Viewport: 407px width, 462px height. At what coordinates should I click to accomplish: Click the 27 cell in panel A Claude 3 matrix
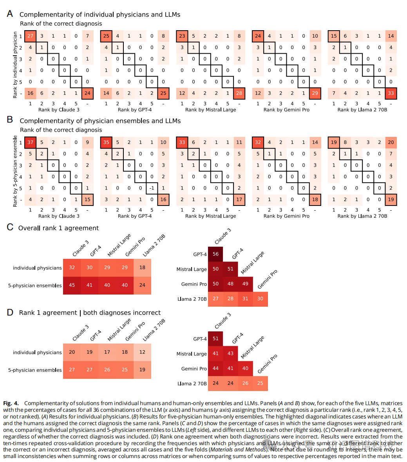coord(30,36)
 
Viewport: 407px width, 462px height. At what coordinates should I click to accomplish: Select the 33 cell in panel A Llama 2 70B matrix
coord(391,93)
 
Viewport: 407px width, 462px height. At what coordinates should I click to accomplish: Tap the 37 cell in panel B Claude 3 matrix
coord(30,142)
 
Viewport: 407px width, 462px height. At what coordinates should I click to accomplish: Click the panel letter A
coord(10,14)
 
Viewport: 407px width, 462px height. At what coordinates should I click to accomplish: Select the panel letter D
coord(10,313)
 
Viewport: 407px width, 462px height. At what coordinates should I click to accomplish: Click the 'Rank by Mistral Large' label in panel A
coord(210,110)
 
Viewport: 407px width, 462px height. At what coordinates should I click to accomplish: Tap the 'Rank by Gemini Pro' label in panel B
coord(286,216)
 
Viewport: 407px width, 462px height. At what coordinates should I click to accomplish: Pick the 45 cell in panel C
coord(72,285)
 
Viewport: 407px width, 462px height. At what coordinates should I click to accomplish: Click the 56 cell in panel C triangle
coord(215,254)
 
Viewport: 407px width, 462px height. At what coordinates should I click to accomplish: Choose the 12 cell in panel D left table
coord(142,352)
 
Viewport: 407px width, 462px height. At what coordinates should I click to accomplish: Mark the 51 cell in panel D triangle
coord(215,339)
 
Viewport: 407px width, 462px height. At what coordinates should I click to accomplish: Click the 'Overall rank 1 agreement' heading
coord(58,228)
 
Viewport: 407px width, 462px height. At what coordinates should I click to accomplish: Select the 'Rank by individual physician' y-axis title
coord(15,65)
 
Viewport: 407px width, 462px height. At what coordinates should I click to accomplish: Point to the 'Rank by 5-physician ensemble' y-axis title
coord(15,171)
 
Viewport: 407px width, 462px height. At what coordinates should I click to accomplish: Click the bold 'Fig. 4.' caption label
coord(12,403)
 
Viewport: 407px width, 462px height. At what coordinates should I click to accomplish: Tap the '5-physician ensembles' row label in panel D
coord(35,370)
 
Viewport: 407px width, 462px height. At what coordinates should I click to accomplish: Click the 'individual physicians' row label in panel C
coord(37,268)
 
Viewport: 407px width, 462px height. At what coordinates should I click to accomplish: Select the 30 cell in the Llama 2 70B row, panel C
coord(260,299)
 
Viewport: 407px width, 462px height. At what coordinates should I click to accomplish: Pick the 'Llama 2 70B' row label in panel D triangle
coord(192,384)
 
